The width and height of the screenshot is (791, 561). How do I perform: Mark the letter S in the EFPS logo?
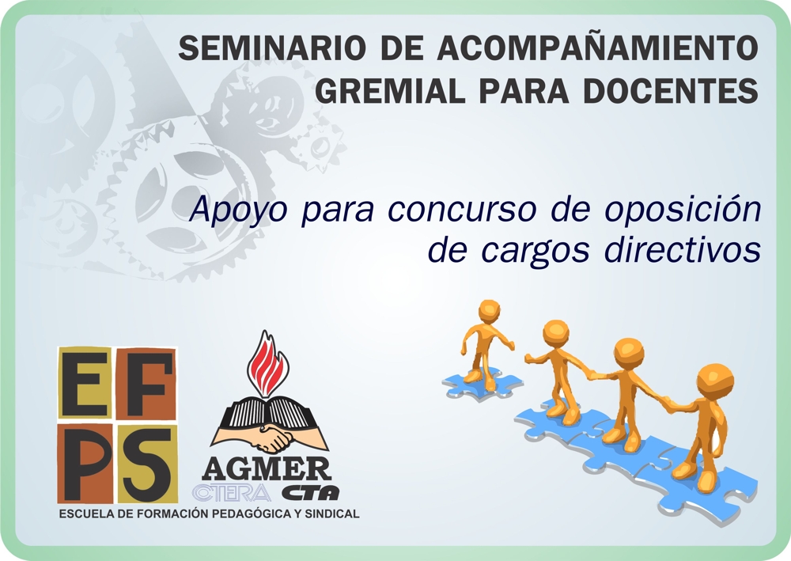(146, 463)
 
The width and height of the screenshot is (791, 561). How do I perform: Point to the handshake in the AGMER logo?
(271, 438)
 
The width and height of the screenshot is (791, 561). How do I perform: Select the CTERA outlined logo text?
(232, 493)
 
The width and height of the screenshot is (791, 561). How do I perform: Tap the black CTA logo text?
(310, 492)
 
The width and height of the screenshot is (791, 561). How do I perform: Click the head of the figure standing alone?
(488, 310)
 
